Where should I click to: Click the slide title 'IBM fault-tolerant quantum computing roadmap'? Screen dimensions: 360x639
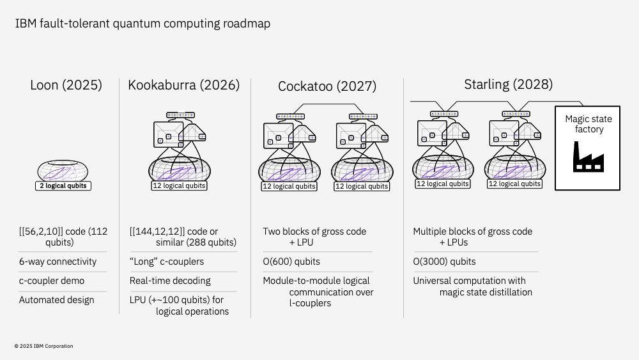142,24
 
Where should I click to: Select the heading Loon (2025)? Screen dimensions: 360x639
66,85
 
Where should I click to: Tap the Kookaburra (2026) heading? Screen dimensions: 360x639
183,85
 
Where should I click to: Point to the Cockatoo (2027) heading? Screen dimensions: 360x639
327,86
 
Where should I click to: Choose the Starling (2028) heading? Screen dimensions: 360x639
508,84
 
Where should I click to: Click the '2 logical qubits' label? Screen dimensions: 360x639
63,186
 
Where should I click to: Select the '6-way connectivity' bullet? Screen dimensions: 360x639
58,262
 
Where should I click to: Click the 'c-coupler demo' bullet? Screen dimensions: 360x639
51,281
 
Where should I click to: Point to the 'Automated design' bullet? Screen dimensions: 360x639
56,300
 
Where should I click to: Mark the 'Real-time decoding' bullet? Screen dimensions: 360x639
170,281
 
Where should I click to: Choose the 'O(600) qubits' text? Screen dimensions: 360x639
291,262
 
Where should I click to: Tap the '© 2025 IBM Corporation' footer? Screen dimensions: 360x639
43,346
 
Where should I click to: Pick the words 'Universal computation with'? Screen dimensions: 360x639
469,281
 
